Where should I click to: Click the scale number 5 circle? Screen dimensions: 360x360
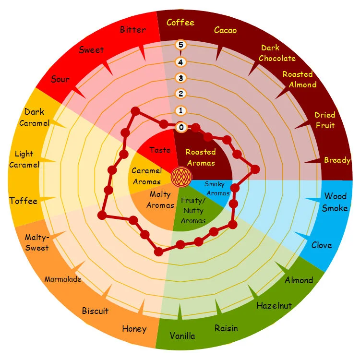click(x=181, y=45)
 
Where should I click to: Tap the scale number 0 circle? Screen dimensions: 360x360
click(x=181, y=127)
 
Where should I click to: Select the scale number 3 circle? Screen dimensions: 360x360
click(x=181, y=78)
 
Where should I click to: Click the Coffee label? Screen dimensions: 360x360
click(x=180, y=23)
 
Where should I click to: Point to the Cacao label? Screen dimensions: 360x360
click(x=225, y=31)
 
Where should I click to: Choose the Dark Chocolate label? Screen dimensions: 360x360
click(x=277, y=53)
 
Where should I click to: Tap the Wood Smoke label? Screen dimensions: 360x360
click(x=335, y=202)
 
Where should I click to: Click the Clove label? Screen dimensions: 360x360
click(x=322, y=245)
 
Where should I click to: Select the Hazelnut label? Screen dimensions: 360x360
click(x=274, y=305)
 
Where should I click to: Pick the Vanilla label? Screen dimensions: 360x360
click(x=182, y=336)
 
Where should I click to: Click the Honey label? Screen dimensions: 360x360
click(x=134, y=329)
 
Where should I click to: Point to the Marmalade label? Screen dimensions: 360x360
click(x=63, y=279)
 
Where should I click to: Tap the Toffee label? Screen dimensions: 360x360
click(x=23, y=201)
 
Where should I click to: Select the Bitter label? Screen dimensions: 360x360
click(x=133, y=30)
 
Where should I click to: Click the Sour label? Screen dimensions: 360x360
click(x=60, y=79)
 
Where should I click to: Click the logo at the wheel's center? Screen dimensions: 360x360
click(x=180, y=177)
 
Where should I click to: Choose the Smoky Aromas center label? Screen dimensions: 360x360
click(x=215, y=188)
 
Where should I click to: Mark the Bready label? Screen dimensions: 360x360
click(x=337, y=160)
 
